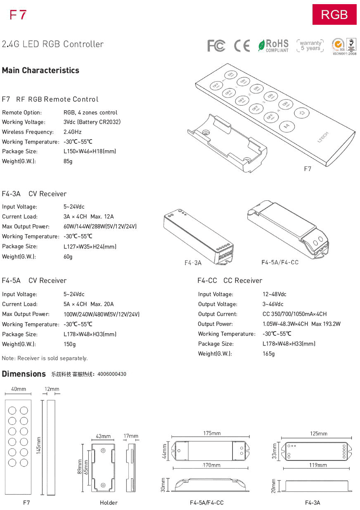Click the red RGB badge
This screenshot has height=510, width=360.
point(334,14)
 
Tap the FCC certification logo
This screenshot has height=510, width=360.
point(216,46)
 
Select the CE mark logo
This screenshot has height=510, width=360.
point(242,45)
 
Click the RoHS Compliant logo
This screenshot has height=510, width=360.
point(273,45)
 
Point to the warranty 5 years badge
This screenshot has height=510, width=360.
point(310,45)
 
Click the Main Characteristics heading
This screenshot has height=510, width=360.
point(40,70)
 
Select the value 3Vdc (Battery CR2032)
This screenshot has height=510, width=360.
point(92,122)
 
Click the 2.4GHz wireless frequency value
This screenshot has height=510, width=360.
point(73,132)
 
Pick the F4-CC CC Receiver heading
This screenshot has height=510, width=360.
point(230,280)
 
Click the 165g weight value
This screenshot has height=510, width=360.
point(268,353)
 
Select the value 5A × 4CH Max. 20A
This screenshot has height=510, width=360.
point(88,304)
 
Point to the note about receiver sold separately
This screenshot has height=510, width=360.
point(45,358)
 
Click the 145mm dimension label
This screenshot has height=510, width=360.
point(39,446)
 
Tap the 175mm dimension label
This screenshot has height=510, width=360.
point(212,433)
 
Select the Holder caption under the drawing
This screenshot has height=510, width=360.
point(109,503)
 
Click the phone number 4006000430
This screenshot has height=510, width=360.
point(111,374)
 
